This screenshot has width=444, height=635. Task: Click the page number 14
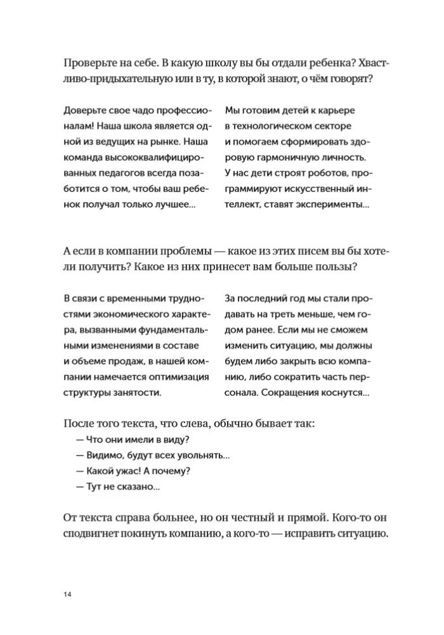click(68, 594)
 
